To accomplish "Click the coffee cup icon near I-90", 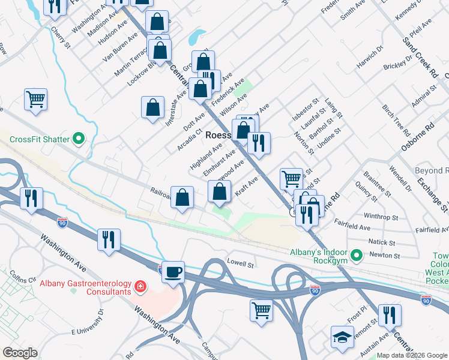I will coord(173,272).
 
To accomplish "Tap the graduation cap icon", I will coord(342,337).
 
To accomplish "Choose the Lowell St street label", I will coord(241,263).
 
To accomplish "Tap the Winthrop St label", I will coord(381,217).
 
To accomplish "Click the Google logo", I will coord(20,353).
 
